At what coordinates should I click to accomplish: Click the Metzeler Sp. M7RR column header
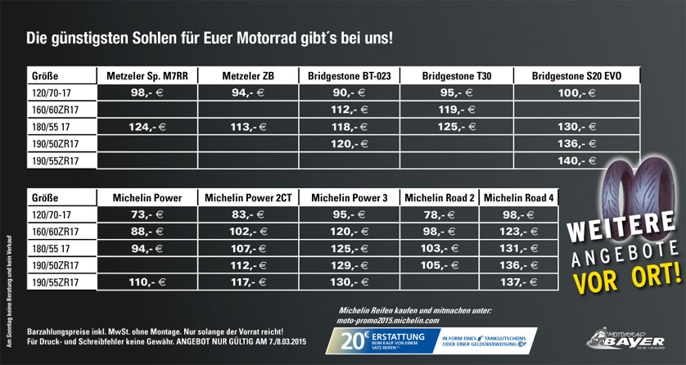[147, 76]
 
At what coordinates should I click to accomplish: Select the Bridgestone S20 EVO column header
[576, 76]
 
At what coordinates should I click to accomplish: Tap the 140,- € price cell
[576, 160]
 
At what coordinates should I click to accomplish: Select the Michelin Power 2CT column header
[250, 198]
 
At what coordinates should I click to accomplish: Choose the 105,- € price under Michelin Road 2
[438, 265]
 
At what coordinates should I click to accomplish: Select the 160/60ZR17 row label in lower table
[56, 232]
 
